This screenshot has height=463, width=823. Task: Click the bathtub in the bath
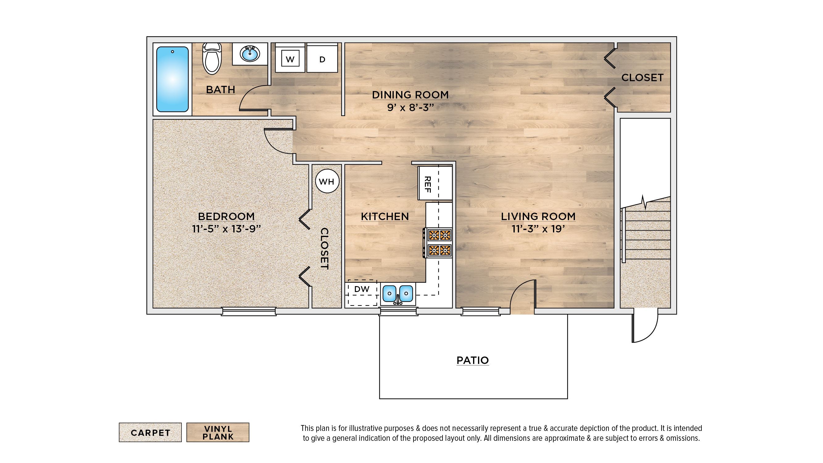coord(172,79)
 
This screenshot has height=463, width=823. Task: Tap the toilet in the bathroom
coord(212,58)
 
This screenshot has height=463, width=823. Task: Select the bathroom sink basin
coord(250,54)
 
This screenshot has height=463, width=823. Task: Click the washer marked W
coord(290,58)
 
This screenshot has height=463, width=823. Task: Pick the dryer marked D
coord(322,58)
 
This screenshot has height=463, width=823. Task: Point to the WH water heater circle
coord(327,181)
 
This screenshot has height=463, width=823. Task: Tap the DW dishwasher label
coord(362,289)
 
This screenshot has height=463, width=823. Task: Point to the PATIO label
coord(472,361)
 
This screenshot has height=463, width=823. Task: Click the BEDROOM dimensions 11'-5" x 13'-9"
coord(227,229)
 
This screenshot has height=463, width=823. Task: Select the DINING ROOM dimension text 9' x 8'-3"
coord(410,108)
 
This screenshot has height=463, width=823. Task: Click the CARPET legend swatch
coord(150,432)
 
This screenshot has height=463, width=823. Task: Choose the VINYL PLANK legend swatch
coord(218,432)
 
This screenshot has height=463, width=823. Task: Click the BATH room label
coord(220,90)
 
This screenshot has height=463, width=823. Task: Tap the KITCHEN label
coord(385,216)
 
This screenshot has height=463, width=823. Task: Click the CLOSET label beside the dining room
coord(642,78)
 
